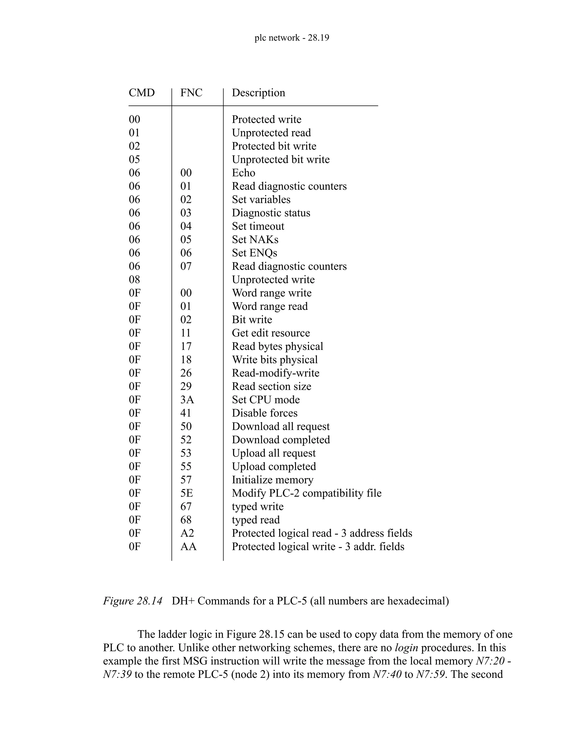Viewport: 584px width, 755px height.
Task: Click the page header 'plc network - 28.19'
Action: pos(292,37)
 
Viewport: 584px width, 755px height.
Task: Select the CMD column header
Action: pos(141,93)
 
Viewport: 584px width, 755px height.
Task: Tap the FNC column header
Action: pos(191,93)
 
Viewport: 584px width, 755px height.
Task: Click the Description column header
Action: pos(258,93)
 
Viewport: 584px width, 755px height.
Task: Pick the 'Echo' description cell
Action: pos(243,173)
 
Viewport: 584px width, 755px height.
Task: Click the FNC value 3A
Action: pos(187,400)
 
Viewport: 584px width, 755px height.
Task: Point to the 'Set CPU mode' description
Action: pos(265,400)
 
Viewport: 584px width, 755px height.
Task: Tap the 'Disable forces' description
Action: pos(264,413)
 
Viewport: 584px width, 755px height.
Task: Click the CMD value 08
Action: pos(134,280)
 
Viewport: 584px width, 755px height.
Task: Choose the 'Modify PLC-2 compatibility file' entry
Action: pos(306,493)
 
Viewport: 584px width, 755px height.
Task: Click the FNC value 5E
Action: pos(186,493)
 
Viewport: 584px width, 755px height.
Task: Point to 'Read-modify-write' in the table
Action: pos(275,373)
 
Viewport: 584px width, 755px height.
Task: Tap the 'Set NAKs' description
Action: pos(255,240)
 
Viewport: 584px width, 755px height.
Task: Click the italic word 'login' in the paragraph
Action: pos(406,648)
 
